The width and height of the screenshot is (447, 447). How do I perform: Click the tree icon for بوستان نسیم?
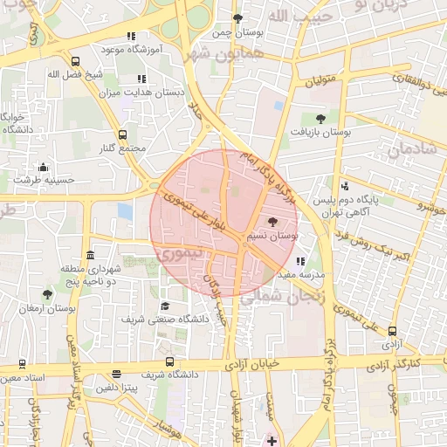[x=273, y=223]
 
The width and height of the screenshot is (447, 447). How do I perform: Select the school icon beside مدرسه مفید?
[x=300, y=261]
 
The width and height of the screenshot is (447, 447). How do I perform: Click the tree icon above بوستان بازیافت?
[x=320, y=118]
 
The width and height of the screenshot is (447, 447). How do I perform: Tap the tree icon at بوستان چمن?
[x=237, y=18]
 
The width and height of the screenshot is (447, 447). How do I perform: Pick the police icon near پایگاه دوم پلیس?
[x=345, y=186]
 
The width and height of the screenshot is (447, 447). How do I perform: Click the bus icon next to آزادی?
[x=391, y=332]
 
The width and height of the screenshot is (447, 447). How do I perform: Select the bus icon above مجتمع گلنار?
[x=121, y=135]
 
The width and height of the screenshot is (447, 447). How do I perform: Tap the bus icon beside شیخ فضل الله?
[x=77, y=62]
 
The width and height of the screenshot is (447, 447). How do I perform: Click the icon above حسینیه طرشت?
[x=43, y=168]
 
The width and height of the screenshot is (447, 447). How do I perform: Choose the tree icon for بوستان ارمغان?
[x=47, y=295]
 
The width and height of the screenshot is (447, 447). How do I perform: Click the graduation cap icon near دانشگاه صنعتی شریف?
[x=165, y=306]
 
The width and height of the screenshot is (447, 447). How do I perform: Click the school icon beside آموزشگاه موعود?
[x=131, y=37]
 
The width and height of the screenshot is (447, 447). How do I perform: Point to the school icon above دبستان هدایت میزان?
[x=141, y=79]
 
